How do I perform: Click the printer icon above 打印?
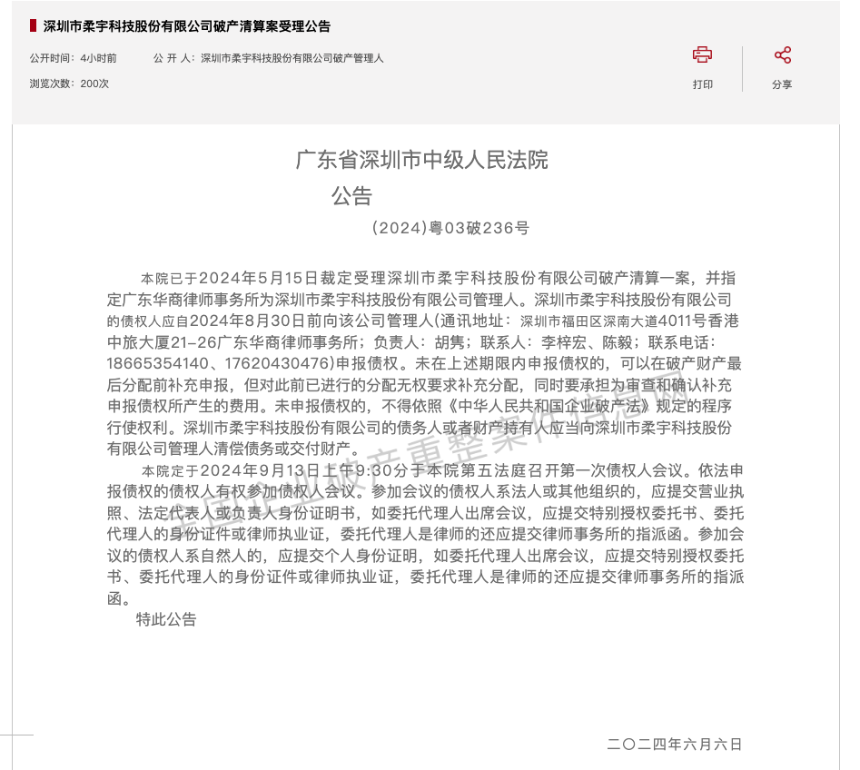pyautogui.click(x=702, y=55)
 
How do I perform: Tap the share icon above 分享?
pyautogui.click(x=782, y=55)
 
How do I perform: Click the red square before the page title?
pyautogui.click(x=33, y=25)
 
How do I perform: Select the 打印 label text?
pyautogui.click(x=702, y=84)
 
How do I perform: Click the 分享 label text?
pyautogui.click(x=782, y=84)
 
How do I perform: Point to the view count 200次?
pyautogui.click(x=94, y=84)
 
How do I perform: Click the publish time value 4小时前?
pyautogui.click(x=98, y=58)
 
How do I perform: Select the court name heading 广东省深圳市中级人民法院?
pyautogui.click(x=422, y=161)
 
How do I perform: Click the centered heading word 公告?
pyautogui.click(x=351, y=196)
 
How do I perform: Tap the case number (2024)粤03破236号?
pyautogui.click(x=450, y=229)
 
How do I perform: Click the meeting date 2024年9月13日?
pyautogui.click(x=255, y=471)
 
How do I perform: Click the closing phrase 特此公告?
pyautogui.click(x=166, y=619)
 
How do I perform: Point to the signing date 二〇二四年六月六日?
pyautogui.click(x=675, y=745)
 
